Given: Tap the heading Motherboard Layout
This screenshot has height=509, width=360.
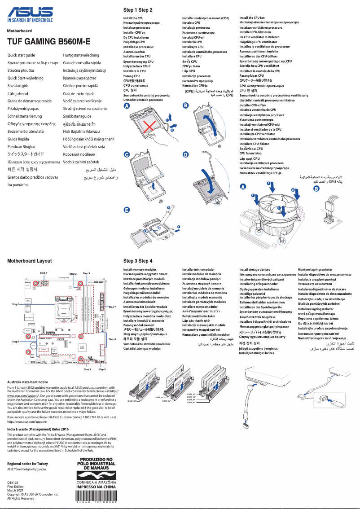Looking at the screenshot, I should [x=30, y=261].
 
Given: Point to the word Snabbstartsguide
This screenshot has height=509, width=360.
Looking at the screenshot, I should [x=77, y=116].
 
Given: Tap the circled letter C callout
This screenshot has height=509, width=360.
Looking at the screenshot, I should [x=127, y=154].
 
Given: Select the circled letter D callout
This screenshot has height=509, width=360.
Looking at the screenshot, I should [x=185, y=154].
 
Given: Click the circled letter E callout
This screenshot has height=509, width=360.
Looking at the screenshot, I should [x=127, y=210].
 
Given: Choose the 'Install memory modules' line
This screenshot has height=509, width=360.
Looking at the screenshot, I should [x=140, y=270].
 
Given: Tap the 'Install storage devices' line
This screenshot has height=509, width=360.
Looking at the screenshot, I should [x=255, y=270].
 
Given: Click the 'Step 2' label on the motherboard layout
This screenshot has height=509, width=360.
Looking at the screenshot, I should [x=73, y=273].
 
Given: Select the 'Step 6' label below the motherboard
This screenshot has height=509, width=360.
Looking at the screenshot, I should [x=102, y=369].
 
